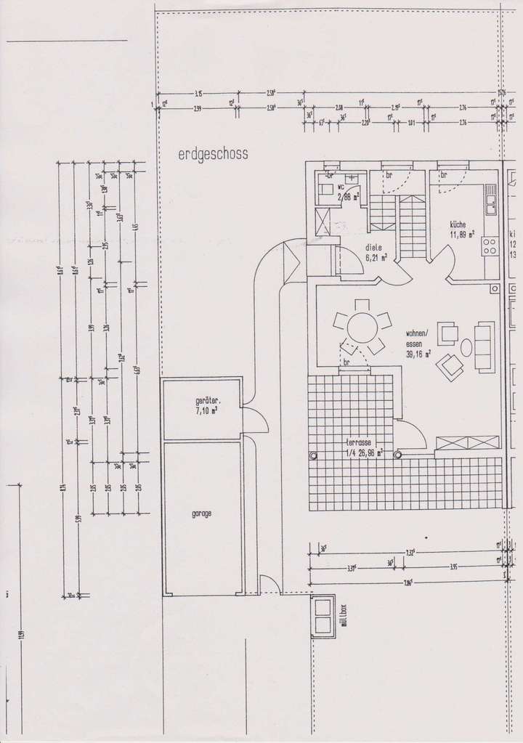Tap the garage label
[x=202, y=513]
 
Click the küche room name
[x=458, y=225]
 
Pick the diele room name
[x=373, y=247]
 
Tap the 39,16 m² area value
[x=419, y=354]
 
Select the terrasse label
[x=361, y=442]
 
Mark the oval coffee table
[x=466, y=348]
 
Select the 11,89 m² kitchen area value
[x=461, y=235]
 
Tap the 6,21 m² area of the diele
[x=376, y=256]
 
